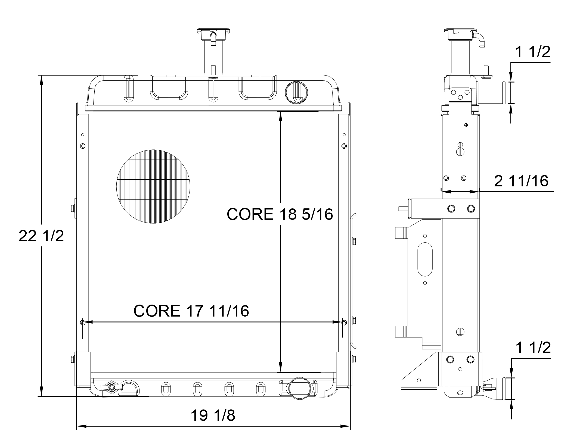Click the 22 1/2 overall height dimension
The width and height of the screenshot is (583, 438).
click(x=41, y=236)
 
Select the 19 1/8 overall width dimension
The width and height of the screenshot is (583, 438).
click(x=213, y=415)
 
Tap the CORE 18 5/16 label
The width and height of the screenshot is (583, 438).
click(x=280, y=214)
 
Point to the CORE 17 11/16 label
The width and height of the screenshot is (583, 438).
click(x=191, y=311)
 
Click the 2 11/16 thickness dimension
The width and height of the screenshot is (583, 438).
click(x=521, y=181)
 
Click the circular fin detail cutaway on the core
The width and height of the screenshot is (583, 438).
click(x=153, y=187)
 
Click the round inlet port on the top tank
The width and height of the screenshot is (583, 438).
click(x=296, y=92)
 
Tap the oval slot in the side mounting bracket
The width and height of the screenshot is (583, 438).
click(x=425, y=259)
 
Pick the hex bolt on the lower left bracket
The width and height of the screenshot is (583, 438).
click(x=73, y=359)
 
